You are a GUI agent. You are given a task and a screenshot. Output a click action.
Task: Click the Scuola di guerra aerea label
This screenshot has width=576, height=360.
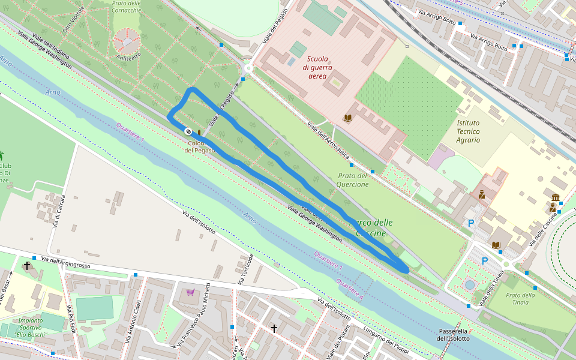tap(317, 67)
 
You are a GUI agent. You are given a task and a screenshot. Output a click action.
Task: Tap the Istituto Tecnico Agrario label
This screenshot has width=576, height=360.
tap(468, 131)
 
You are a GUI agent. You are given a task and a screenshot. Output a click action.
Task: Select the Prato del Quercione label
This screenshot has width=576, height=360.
tap(353, 180)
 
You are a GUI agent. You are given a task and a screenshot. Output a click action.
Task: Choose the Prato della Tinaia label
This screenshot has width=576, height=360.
tap(520, 298)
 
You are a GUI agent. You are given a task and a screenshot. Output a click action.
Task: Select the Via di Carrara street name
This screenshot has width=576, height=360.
tap(58, 212)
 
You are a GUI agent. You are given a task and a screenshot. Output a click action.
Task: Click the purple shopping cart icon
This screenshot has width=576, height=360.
tap(191, 292)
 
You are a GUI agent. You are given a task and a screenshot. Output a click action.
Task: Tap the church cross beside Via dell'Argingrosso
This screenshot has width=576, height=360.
tap(26, 265)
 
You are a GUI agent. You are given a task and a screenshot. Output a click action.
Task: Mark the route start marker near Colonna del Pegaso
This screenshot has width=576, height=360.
tap(188, 131)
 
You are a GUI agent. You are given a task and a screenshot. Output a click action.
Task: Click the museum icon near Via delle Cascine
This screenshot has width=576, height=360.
tap(555, 198)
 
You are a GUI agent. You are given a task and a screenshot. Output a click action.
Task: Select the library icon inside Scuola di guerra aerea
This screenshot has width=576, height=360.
tap(348, 118)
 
